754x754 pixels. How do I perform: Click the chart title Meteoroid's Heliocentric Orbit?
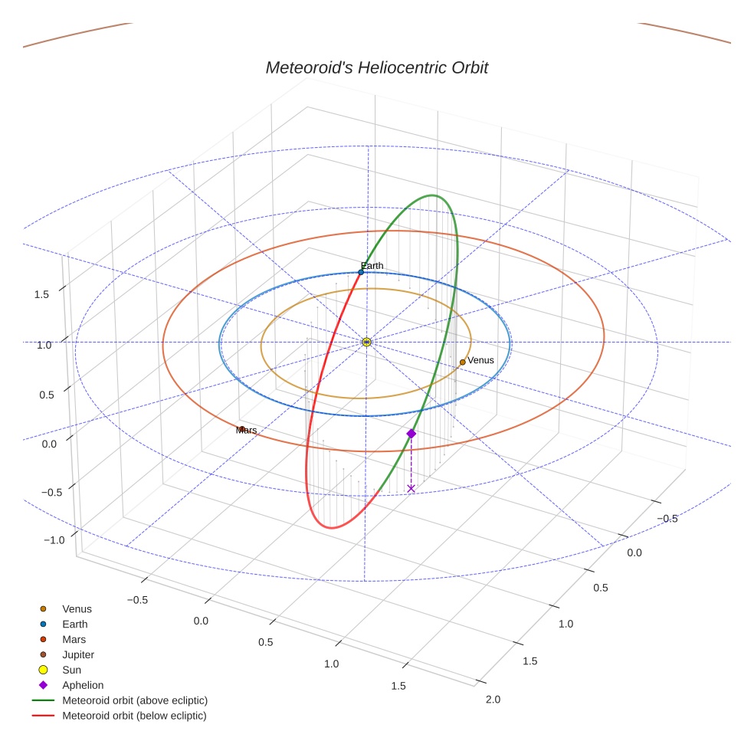coord(376,67)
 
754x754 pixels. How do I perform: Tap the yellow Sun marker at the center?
coord(366,342)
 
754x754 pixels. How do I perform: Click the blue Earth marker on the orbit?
coord(361,272)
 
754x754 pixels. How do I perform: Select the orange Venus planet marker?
coord(462,362)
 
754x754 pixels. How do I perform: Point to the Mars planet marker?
coord(241,429)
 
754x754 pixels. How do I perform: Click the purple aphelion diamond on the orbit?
coord(411,434)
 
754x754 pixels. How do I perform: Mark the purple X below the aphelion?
coord(411,488)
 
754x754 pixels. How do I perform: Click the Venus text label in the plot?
coord(480,360)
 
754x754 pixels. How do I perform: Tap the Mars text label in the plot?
coord(248,431)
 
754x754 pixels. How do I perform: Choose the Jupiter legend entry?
coord(77,654)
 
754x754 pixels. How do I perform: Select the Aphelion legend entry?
coord(82,685)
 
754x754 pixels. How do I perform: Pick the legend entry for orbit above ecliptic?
coord(135,700)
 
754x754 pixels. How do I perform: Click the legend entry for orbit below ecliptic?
coord(134,716)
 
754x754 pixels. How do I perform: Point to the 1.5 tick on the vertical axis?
coord(43,294)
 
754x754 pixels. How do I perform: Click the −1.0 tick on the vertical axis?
coord(54,540)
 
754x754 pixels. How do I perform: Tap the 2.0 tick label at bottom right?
coord(493,699)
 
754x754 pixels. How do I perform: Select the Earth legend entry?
coord(74,624)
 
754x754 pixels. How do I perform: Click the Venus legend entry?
coord(77,609)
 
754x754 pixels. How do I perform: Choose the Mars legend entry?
coord(74,639)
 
